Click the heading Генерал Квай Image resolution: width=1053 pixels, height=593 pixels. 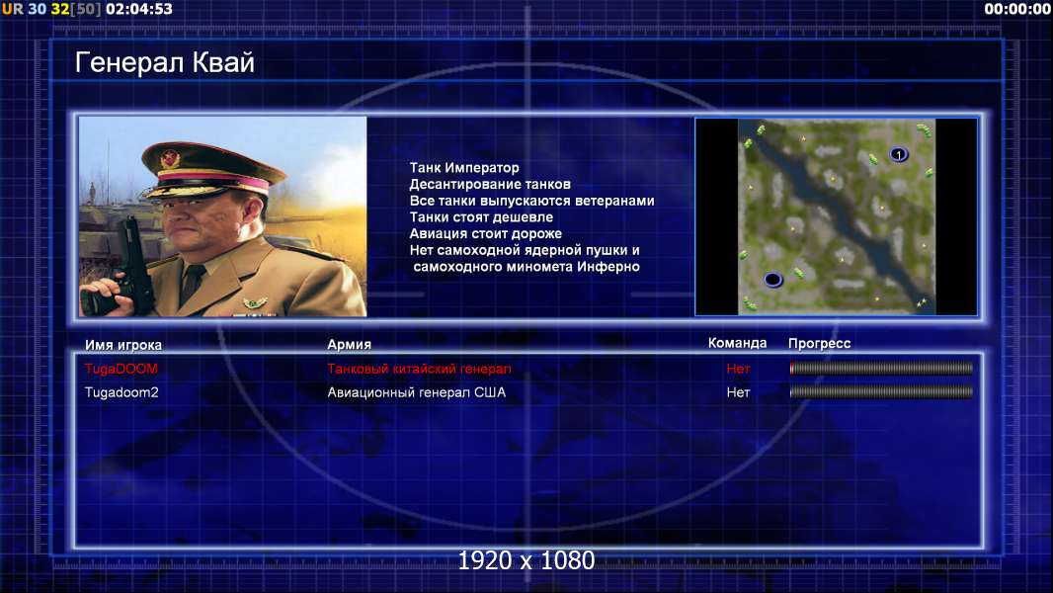tap(165, 62)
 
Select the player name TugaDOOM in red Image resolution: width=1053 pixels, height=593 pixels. tap(121, 369)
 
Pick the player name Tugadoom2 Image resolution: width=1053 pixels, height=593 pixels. tap(121, 392)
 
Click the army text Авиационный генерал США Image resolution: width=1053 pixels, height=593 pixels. tap(417, 392)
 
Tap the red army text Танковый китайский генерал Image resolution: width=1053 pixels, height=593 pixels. tap(419, 369)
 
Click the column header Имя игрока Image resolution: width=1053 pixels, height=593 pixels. tap(122, 345)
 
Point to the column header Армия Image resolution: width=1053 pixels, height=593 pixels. tap(350, 345)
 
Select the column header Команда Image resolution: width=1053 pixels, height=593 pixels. tap(737, 343)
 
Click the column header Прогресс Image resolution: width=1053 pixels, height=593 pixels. tap(819, 344)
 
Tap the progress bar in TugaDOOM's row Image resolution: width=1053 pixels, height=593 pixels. tap(881, 368)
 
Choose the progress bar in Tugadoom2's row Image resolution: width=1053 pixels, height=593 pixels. tap(881, 392)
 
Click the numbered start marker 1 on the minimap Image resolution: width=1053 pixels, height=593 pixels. tap(899, 155)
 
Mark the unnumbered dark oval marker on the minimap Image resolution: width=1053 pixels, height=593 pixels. tap(773, 279)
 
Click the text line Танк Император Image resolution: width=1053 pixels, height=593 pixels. tap(464, 168)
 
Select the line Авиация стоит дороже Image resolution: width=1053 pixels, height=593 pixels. tap(486, 233)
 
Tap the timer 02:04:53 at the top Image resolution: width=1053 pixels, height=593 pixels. tap(139, 10)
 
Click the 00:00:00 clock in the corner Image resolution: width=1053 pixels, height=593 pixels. tap(1017, 10)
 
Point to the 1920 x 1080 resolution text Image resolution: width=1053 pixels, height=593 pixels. tap(526, 560)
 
